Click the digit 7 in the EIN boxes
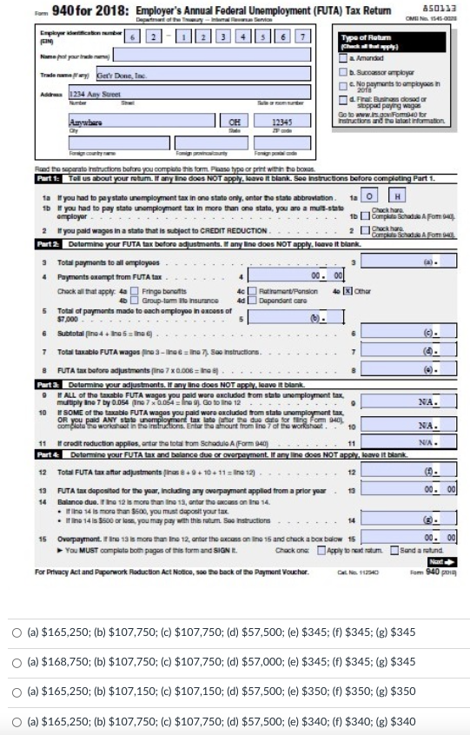pyautogui.click(x=301, y=35)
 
